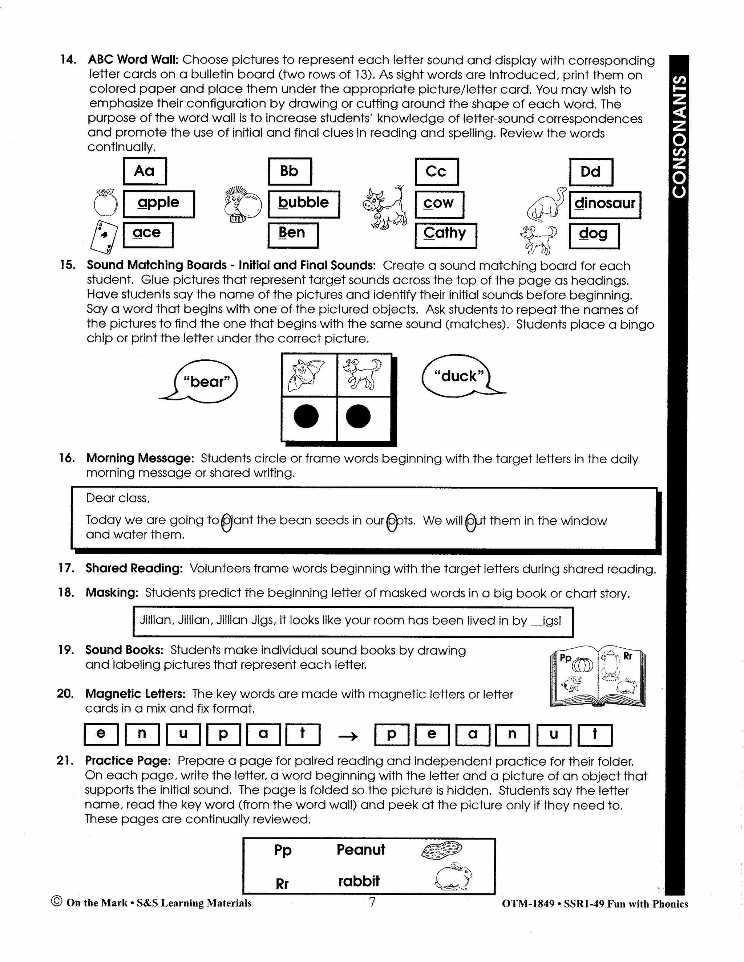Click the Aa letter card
[x=145, y=171]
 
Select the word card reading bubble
[x=304, y=204]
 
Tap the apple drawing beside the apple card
[x=106, y=203]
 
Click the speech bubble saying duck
[x=458, y=376]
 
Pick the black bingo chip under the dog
[x=358, y=416]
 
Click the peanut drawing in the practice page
[x=441, y=850]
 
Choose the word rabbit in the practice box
[x=359, y=881]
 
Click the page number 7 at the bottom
[x=372, y=902]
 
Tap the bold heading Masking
[x=112, y=593]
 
